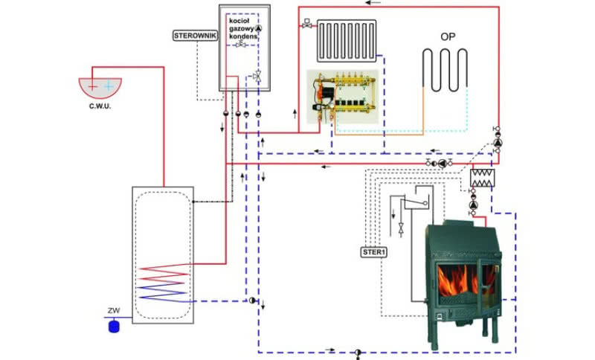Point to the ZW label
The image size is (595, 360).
click(x=114, y=311)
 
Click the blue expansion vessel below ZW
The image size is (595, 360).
click(x=114, y=325)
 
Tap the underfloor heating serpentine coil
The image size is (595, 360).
click(x=445, y=69)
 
